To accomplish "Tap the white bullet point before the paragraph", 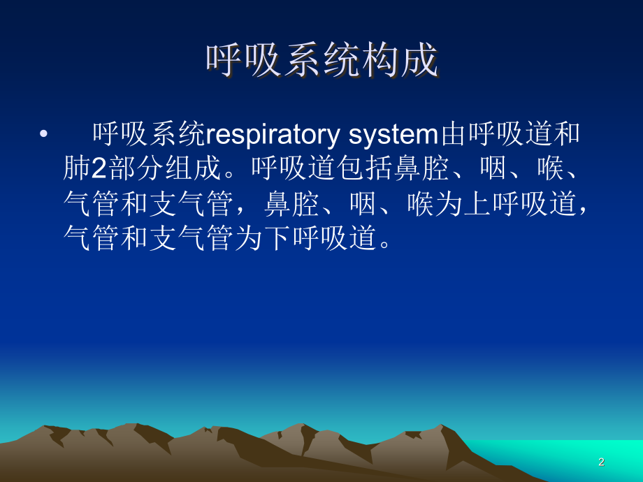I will pos(45,133).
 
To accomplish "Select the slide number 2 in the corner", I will pos(601,462).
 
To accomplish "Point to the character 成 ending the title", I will pos(420,61).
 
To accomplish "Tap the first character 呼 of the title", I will pos(224,61).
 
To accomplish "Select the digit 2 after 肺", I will pos(99,169).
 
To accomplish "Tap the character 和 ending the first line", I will pos(567,133).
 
